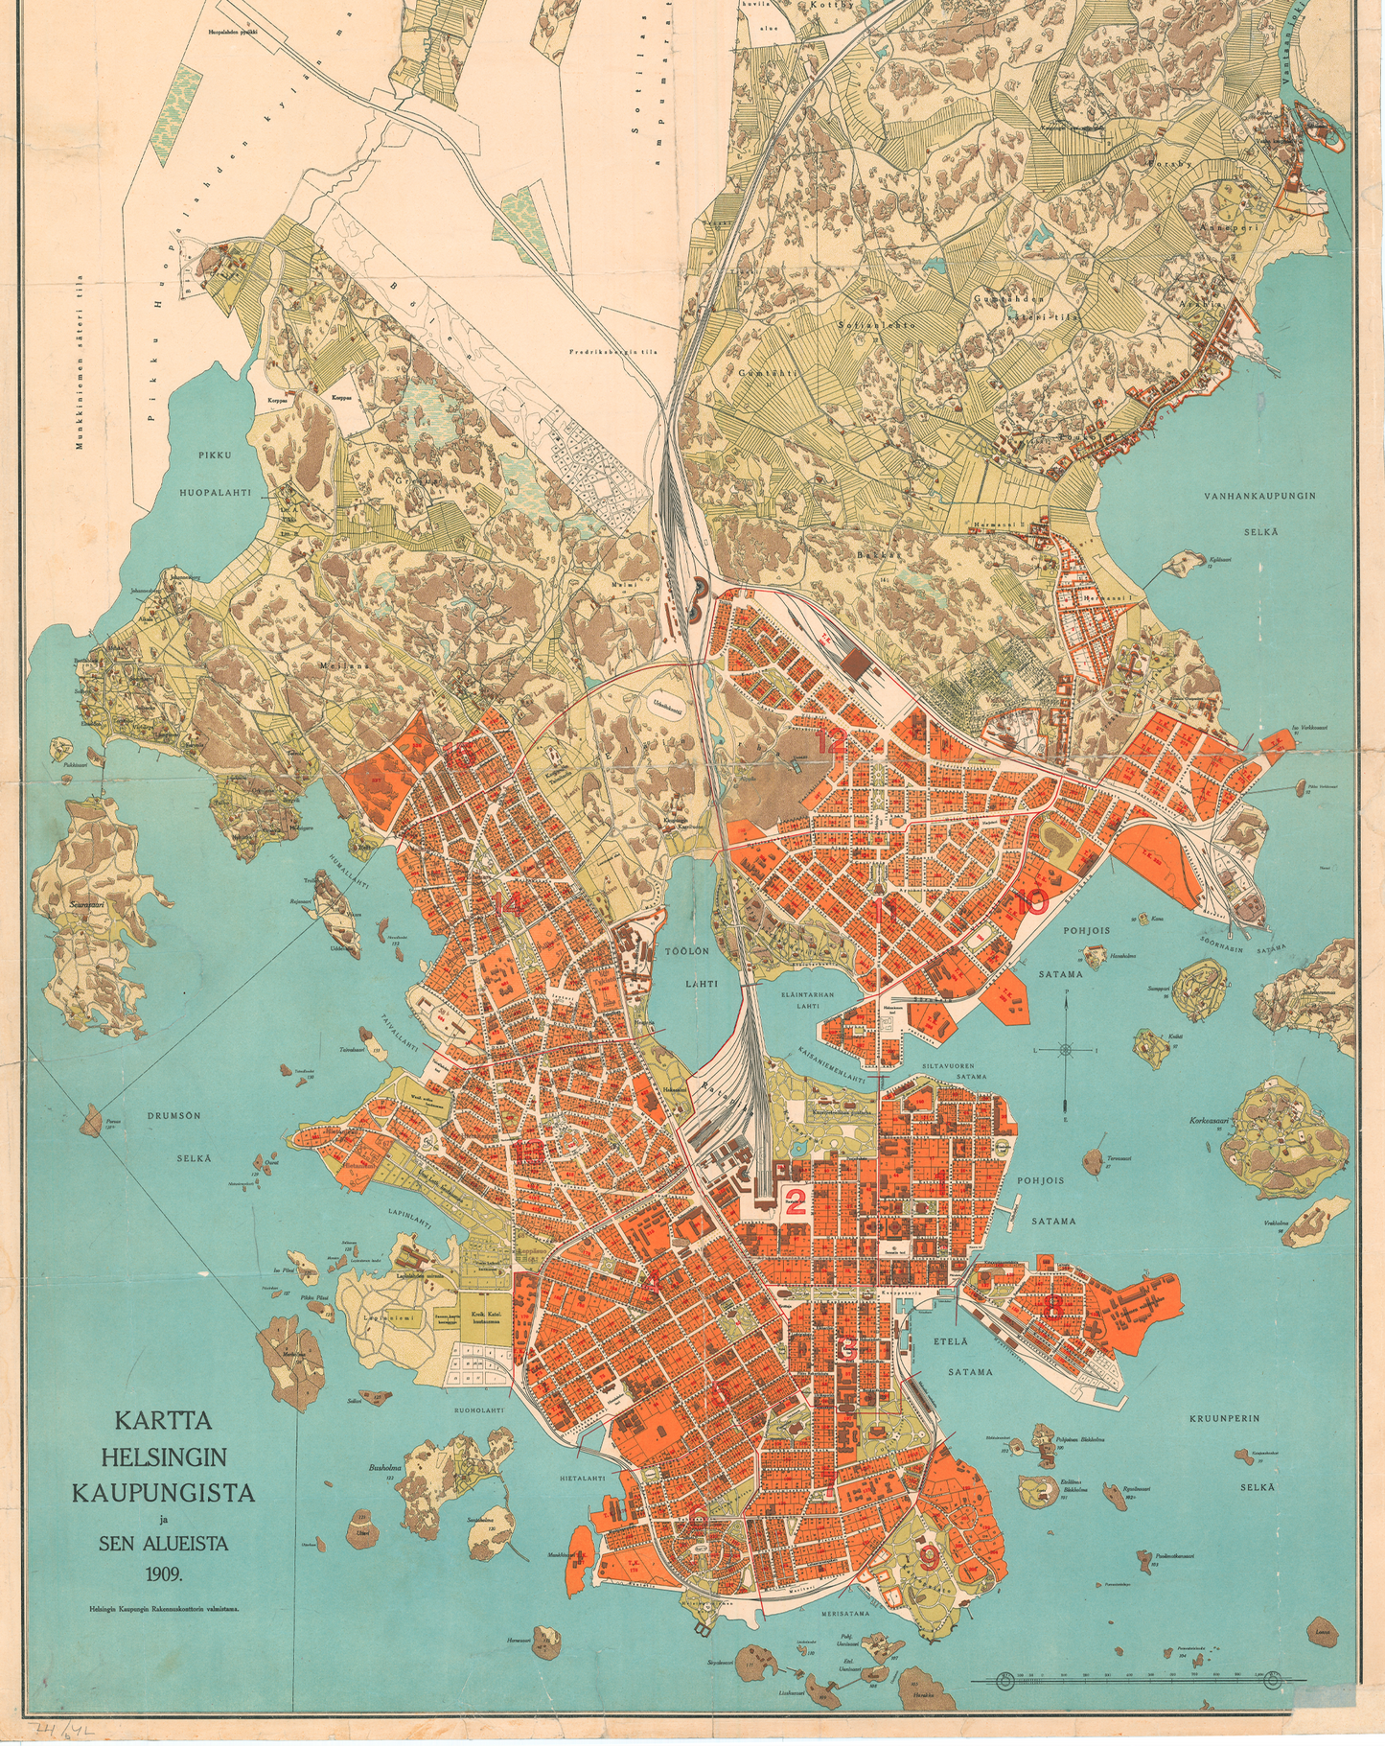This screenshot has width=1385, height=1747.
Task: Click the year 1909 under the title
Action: (164, 1573)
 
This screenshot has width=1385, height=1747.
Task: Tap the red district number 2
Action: (795, 1201)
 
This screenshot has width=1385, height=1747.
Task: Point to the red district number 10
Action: (1031, 901)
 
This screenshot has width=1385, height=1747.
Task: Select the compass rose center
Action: (1066, 1050)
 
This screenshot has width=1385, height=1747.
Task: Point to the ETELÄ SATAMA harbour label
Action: (970, 1357)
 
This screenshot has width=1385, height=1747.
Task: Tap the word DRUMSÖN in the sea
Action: (173, 1115)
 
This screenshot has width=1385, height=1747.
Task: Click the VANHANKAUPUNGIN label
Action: (1259, 496)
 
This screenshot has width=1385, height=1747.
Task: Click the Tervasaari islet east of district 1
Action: (1094, 1162)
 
